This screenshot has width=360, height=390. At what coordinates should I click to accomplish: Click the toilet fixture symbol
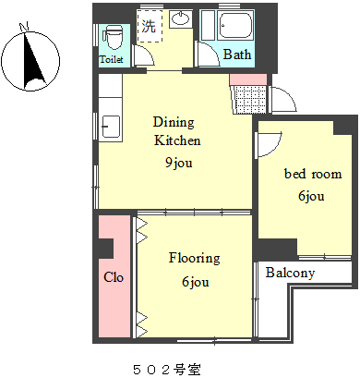click(113, 37)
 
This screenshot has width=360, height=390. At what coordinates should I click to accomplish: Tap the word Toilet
click(111, 59)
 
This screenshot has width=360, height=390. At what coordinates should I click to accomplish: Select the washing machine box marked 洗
click(150, 26)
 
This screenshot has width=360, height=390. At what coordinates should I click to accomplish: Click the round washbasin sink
click(180, 18)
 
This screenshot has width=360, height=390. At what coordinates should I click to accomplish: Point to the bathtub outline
click(235, 25)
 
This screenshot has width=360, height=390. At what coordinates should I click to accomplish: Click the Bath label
click(237, 55)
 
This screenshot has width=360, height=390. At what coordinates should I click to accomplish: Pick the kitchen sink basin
click(111, 127)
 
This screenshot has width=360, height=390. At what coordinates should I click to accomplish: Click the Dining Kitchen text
click(176, 131)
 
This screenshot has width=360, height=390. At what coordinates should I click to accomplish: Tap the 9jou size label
click(179, 163)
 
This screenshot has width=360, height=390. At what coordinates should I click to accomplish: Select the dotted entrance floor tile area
click(250, 99)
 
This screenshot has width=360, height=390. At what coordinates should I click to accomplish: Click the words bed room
click(313, 174)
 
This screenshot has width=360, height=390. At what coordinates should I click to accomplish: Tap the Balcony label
click(290, 273)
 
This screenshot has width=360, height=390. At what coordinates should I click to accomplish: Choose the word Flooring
click(195, 258)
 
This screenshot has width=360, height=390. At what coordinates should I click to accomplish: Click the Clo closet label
click(114, 277)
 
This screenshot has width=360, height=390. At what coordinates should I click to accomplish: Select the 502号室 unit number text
click(167, 370)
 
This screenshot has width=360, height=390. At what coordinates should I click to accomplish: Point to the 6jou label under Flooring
click(196, 282)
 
